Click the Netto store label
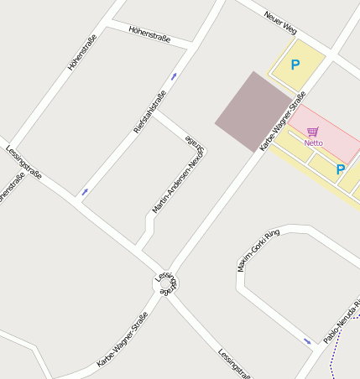(x=313, y=143)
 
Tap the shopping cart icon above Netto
(x=313, y=132)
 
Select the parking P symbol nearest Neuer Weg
(x=295, y=65)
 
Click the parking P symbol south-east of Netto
(x=340, y=169)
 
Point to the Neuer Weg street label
(x=280, y=23)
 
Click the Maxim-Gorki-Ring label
(x=258, y=249)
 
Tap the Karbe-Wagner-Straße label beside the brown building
(x=283, y=122)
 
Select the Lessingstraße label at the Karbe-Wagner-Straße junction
(x=166, y=283)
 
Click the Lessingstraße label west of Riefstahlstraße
(x=23, y=162)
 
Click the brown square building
(x=253, y=112)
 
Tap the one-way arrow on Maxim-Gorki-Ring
(x=307, y=341)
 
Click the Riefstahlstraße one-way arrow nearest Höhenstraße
(x=174, y=77)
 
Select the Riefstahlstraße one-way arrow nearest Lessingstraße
(x=84, y=192)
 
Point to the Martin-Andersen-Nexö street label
(x=179, y=174)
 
